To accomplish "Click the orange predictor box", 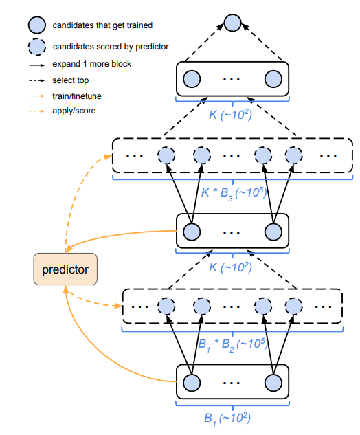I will (x=65, y=269).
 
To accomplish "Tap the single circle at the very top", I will (x=232, y=22).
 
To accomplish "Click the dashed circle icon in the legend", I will (x=37, y=47).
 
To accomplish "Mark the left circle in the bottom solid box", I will (x=191, y=383).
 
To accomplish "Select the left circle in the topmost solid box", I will (x=191, y=78).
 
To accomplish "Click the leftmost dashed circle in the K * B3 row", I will (x=165, y=155).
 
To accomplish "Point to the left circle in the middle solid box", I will (x=191, y=231).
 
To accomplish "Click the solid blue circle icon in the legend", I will (x=37, y=25).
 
